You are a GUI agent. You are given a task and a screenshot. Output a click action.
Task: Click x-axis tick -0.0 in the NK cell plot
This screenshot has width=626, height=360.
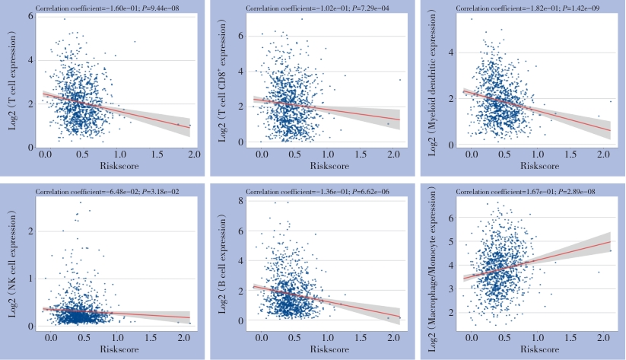[50, 336]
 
